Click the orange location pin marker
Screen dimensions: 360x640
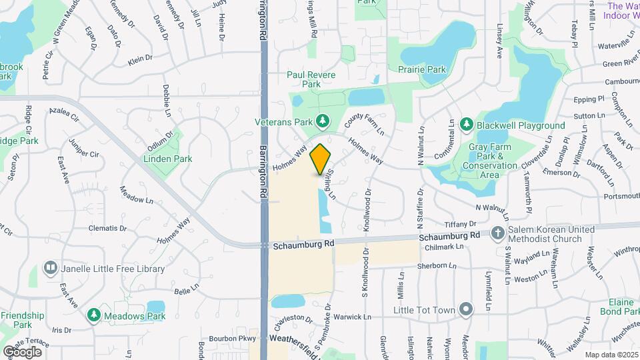(321, 159)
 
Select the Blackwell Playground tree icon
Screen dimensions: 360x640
(467, 125)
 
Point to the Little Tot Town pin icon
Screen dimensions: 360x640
(466, 310)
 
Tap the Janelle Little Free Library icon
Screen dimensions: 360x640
(50, 269)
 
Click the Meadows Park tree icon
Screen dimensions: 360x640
(94, 314)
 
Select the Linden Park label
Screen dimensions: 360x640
(168, 159)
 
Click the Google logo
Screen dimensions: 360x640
(22, 351)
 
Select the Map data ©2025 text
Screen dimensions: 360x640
(611, 355)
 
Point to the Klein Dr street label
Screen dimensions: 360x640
(140, 59)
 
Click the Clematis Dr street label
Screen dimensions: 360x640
(107, 228)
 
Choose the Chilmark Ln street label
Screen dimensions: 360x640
(443, 247)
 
